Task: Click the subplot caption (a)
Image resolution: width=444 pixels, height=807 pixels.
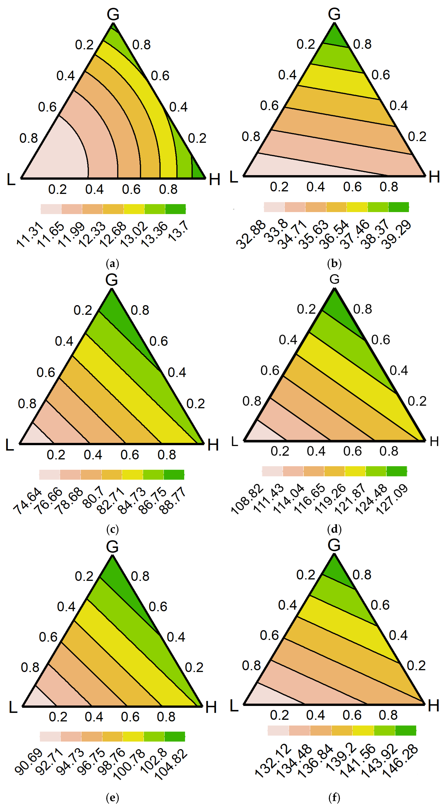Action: pyautogui.click(x=113, y=264)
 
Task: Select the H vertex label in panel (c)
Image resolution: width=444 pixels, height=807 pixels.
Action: pyautogui.click(x=213, y=445)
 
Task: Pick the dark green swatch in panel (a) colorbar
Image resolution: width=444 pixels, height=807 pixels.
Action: pyautogui.click(x=175, y=209)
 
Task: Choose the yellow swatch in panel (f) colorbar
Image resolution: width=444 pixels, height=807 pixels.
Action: pyautogui.click(x=363, y=730)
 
